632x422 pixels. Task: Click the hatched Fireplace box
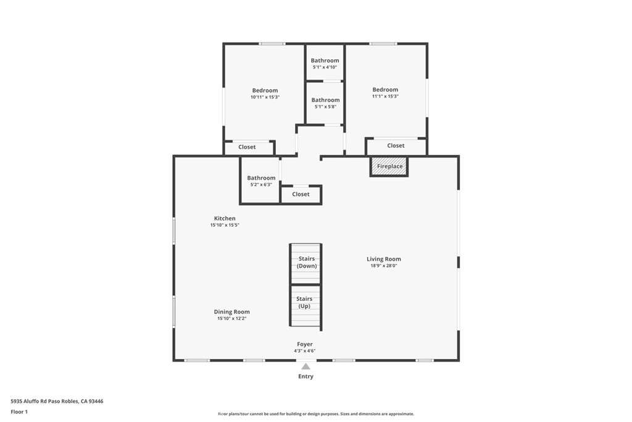click(389, 166)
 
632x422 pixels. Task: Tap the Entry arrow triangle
click(306, 366)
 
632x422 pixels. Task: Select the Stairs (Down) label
click(307, 262)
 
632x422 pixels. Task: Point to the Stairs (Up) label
click(304, 302)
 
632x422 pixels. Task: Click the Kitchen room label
click(225, 218)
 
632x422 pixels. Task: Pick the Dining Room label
click(232, 311)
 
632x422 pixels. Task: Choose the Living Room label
click(384, 259)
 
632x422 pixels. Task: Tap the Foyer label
click(305, 344)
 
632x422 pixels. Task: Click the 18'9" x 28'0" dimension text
click(384, 266)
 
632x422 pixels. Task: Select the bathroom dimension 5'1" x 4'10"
click(325, 67)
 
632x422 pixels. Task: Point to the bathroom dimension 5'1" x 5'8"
click(325, 107)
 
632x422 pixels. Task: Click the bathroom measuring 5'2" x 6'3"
click(261, 180)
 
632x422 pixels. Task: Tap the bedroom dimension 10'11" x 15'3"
click(265, 97)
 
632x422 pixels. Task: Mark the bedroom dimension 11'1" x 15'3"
click(385, 96)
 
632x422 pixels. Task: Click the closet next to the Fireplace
click(396, 146)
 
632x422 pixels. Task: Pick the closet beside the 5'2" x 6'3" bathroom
click(301, 195)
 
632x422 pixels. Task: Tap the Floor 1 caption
click(19, 412)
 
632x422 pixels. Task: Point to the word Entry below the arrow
click(306, 376)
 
